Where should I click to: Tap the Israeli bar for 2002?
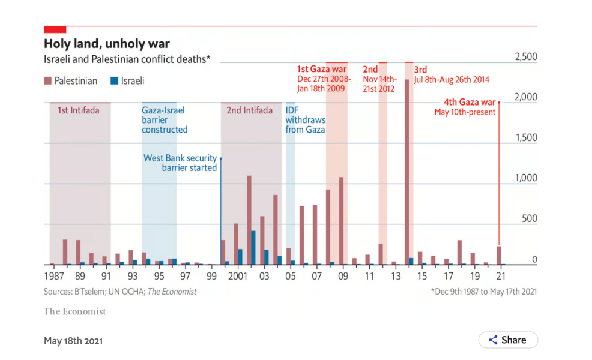click(253, 248)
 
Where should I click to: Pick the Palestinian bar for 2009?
click(341, 221)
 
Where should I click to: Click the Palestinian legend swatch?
click(47, 81)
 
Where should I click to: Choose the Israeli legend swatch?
click(114, 81)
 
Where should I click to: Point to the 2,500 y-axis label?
click(525, 57)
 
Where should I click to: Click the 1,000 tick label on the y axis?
click(525, 178)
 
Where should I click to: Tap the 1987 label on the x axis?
click(54, 277)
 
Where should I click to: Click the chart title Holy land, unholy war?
click(107, 44)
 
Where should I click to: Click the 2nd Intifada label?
click(249, 110)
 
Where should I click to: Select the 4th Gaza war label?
click(470, 102)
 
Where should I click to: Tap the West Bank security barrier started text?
click(180, 163)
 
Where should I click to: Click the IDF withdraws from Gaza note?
click(305, 120)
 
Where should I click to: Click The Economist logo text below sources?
click(74, 311)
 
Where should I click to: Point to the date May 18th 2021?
click(73, 341)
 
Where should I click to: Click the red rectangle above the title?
click(55, 29)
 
